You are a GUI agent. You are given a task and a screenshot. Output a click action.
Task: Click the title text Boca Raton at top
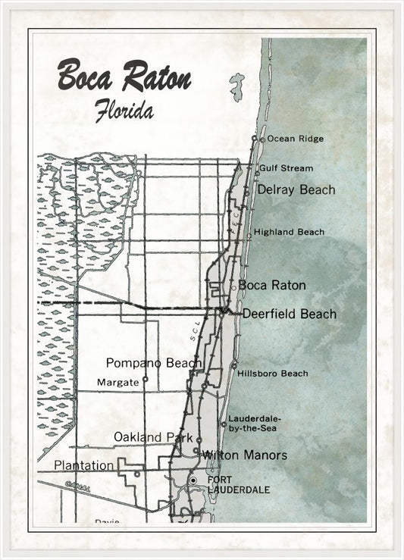[x=124, y=77]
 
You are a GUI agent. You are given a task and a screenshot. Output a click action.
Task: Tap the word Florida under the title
[x=124, y=111]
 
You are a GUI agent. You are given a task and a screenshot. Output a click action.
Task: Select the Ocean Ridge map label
[x=295, y=139]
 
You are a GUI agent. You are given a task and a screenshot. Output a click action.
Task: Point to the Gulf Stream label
[x=286, y=168]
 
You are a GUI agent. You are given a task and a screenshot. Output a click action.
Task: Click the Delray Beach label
[x=296, y=189]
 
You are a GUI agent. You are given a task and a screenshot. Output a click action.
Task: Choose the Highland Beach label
[x=289, y=232]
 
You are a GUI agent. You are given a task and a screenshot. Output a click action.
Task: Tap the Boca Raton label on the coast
[x=272, y=286]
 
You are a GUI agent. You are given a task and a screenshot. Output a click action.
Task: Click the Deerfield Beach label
[x=289, y=314]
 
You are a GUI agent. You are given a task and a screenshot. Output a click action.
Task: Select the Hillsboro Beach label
[x=272, y=374]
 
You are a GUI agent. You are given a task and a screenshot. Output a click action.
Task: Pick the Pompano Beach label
[x=153, y=363]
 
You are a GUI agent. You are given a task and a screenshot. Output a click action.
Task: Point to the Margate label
[x=119, y=383]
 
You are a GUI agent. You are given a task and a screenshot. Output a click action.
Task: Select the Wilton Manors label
[x=244, y=455]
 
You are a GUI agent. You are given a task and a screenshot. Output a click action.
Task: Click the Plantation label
[x=83, y=465]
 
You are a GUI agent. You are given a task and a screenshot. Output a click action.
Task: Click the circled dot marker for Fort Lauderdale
[x=193, y=480]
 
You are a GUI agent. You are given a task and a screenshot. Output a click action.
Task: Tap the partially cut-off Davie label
[x=107, y=521]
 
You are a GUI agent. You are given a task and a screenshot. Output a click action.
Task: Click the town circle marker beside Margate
[x=145, y=379]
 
